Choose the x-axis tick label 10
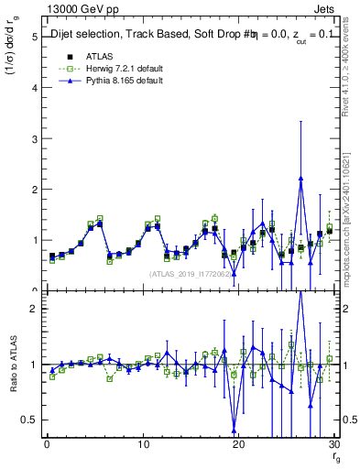(x=143, y=446)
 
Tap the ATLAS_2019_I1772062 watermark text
(x=191, y=274)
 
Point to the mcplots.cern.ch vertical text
(x=352, y=229)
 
